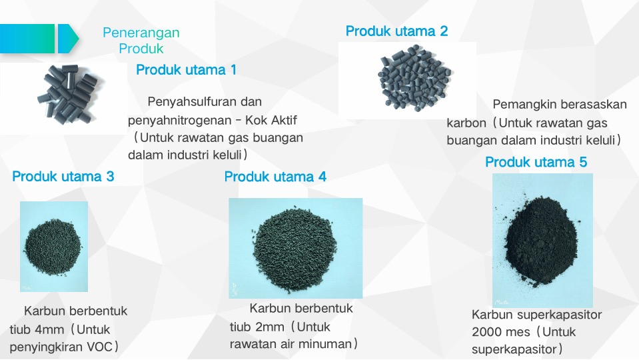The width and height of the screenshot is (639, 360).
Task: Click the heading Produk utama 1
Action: tap(186, 70)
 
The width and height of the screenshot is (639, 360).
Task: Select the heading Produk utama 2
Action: tap(396, 31)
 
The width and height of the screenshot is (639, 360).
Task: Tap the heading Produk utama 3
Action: tap(63, 176)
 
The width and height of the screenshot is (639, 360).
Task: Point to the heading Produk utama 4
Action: tap(275, 177)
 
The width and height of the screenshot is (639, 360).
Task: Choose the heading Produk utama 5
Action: tap(536, 162)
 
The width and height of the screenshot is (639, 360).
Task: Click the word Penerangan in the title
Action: tap(141, 33)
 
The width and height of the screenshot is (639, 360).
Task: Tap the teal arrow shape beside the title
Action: tap(68, 39)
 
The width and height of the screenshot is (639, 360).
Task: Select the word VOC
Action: tap(99, 347)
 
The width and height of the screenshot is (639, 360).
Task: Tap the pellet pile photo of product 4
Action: tap(295, 248)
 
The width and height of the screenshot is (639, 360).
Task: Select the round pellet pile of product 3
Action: tap(53, 247)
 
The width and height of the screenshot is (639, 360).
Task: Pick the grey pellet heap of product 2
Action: tap(414, 78)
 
